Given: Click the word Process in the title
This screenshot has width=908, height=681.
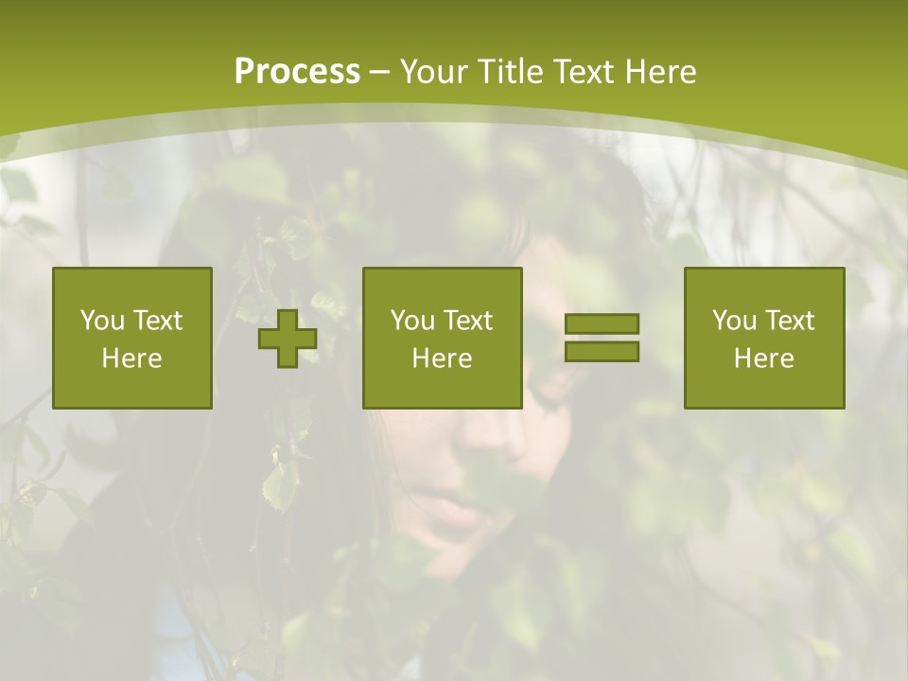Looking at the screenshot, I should [x=297, y=72].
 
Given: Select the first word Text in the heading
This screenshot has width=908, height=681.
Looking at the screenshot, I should [x=584, y=72].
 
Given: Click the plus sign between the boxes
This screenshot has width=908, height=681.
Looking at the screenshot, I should [x=288, y=339].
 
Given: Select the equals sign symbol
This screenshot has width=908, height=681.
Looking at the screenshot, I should [x=602, y=338].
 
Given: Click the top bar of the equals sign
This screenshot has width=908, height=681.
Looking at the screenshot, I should [x=602, y=324].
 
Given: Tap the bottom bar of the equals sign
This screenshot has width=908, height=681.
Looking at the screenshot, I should [x=602, y=351].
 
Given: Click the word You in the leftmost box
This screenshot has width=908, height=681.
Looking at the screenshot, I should [x=102, y=321].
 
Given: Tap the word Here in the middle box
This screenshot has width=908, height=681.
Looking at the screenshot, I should [x=443, y=358].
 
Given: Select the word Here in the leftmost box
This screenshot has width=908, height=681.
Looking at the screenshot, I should [x=132, y=358].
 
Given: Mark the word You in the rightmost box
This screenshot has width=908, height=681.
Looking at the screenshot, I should [x=734, y=321].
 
